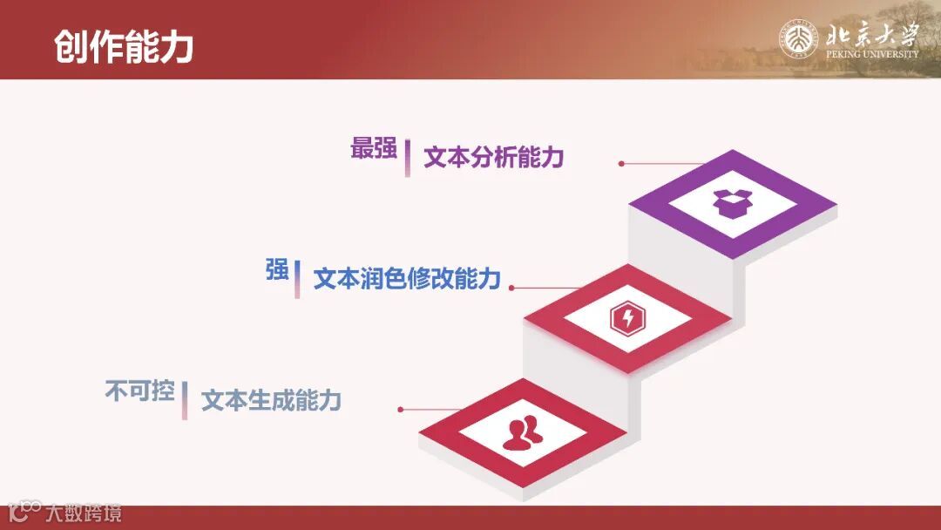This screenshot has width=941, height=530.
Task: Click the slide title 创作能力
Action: [x=123, y=47]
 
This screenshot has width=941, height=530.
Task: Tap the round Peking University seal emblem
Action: [x=798, y=40]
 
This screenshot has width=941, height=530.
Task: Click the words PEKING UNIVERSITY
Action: [x=871, y=54]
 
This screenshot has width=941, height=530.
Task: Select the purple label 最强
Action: [x=374, y=148]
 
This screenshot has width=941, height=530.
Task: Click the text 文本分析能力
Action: [x=494, y=158]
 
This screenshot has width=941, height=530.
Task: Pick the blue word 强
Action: [x=277, y=270]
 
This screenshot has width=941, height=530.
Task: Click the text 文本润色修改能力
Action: [x=407, y=279]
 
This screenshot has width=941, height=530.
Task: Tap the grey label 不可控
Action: [x=139, y=391]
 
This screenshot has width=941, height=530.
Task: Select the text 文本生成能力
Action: [x=271, y=401]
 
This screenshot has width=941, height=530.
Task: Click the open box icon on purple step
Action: [x=732, y=204]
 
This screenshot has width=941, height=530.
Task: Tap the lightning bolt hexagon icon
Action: [x=627, y=318]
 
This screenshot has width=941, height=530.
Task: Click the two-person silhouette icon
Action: [x=522, y=432]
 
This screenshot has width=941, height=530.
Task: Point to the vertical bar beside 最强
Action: [x=407, y=159]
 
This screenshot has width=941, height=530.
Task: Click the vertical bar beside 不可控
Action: [x=185, y=400]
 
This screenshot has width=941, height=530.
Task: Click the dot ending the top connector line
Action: [x=621, y=163]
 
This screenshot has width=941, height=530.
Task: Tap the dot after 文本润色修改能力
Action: [x=511, y=287]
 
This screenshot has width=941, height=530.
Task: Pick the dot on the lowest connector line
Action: [x=400, y=409]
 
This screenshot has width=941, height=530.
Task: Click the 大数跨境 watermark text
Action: [x=84, y=513]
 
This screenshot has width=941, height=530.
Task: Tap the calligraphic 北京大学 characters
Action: [x=871, y=35]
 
